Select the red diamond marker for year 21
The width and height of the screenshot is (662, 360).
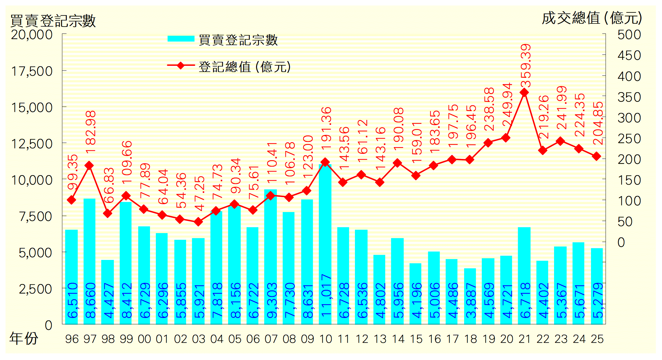[524, 92]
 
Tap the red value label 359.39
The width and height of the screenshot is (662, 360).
[526, 66]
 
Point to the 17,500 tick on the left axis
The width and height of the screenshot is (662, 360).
[32, 71]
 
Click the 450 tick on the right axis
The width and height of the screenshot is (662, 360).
[629, 56]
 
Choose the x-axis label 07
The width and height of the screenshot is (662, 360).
[271, 339]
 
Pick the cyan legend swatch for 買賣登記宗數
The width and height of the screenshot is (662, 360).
[181, 39]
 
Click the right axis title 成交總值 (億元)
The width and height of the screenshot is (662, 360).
[592, 18]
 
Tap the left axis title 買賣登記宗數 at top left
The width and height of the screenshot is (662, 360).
[53, 21]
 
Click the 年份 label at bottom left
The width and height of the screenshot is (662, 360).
[24, 338]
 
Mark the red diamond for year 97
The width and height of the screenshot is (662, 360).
[89, 166]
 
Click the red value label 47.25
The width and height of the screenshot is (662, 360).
[199, 193]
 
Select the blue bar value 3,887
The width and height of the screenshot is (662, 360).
[471, 301]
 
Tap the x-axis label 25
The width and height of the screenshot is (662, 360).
[597, 339]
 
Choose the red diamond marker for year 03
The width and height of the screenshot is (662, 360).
[198, 222]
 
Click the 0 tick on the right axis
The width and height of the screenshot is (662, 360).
[621, 243]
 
